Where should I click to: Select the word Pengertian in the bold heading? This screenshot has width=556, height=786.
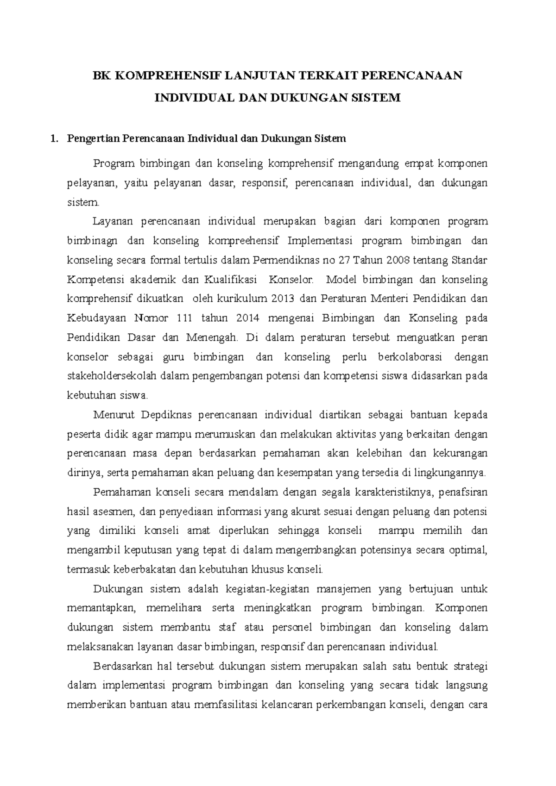pos(89,138)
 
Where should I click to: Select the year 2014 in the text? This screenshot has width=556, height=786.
pos(245,318)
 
